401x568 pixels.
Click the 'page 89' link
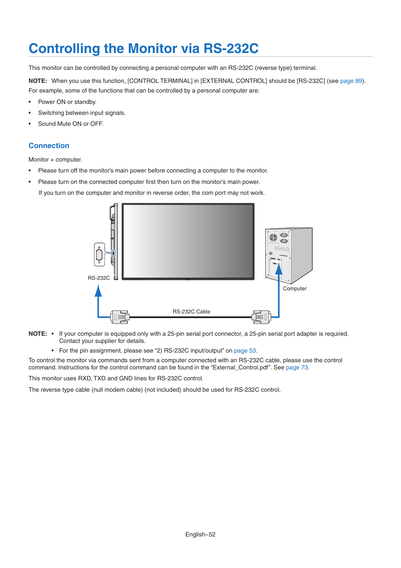coord(351,81)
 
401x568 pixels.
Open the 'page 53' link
coord(245,350)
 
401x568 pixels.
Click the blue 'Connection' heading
coord(49,146)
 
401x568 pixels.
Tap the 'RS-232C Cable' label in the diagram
coord(191,312)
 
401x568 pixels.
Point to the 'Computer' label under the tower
coord(295,289)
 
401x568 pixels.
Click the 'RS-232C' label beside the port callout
coord(99,278)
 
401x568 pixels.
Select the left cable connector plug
coord(120,317)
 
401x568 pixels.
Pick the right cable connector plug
coord(261,317)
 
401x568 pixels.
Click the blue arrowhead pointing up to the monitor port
coord(98,291)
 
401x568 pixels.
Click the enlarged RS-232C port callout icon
coord(100,255)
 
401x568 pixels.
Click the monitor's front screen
coord(188,241)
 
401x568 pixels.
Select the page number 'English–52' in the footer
coord(200,534)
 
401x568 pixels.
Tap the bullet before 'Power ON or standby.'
coord(30,102)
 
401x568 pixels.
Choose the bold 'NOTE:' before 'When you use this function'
coord(38,81)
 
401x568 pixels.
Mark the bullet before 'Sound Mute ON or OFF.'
coord(30,124)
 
